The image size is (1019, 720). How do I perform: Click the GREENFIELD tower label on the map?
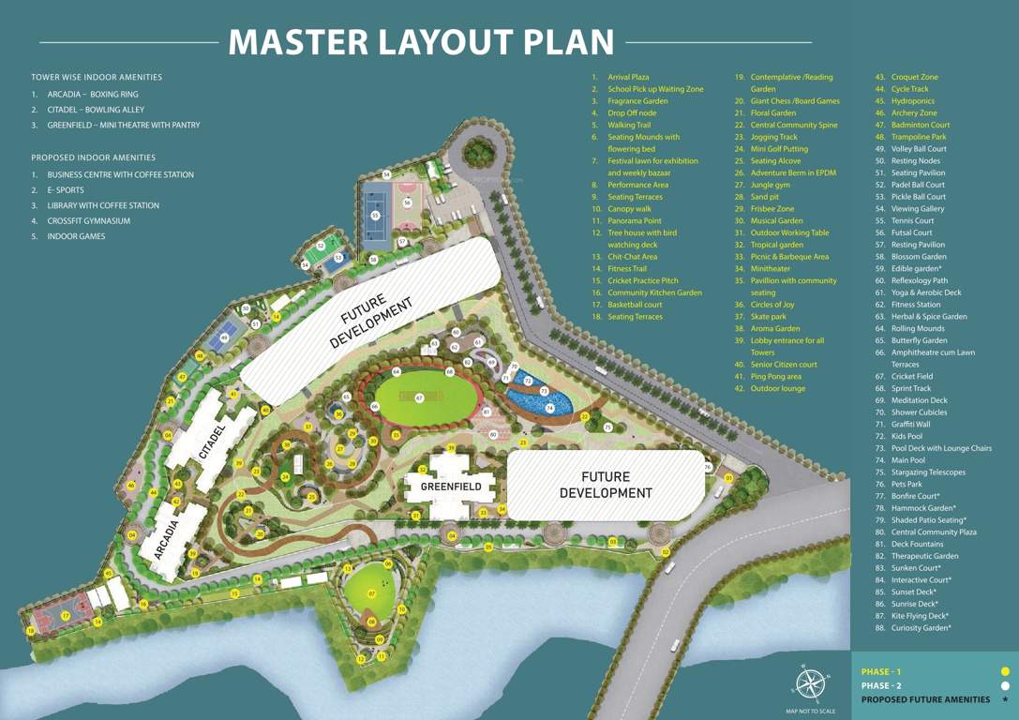coord(451,487)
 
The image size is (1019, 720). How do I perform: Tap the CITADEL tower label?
coord(214,442)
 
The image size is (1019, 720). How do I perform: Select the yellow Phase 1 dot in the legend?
coord(1005,671)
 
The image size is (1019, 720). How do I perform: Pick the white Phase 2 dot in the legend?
coord(1005,685)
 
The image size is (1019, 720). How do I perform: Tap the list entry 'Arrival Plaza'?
coord(628,77)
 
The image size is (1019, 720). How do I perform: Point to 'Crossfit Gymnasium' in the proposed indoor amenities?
coord(88,221)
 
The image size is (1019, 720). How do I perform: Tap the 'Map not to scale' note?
coord(810,712)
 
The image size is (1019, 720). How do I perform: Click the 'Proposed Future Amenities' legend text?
coord(924,699)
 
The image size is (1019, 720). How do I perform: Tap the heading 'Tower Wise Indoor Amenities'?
coord(97,77)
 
